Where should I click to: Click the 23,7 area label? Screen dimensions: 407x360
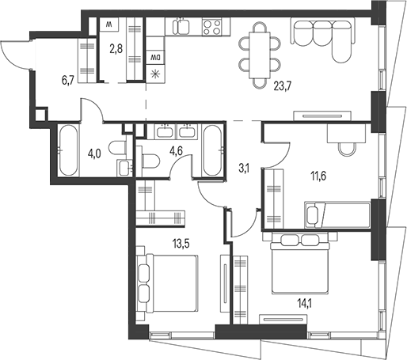(x=282, y=86)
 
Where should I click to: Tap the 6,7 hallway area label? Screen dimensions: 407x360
(x=67, y=80)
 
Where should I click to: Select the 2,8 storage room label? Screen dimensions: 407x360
(x=116, y=48)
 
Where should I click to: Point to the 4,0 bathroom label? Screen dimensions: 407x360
(x=94, y=153)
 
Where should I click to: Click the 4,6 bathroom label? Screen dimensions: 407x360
(x=177, y=153)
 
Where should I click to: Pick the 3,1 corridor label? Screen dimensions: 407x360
(x=243, y=169)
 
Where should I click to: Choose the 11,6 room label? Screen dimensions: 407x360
(x=318, y=176)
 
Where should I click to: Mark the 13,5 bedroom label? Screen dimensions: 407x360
(x=181, y=244)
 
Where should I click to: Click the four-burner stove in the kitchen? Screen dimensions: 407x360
(x=212, y=27)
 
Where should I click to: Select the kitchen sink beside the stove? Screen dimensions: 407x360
(x=181, y=26)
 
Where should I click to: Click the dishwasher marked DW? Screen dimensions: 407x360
(x=155, y=57)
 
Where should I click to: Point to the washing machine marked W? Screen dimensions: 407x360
(x=109, y=25)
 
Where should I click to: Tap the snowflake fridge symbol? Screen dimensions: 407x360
(x=155, y=74)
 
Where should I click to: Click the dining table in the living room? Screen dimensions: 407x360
(x=260, y=55)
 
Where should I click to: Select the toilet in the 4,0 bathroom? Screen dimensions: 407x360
(x=117, y=148)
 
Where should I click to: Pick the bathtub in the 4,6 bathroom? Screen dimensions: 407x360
(x=212, y=150)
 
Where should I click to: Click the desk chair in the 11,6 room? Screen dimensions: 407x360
(x=346, y=149)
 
